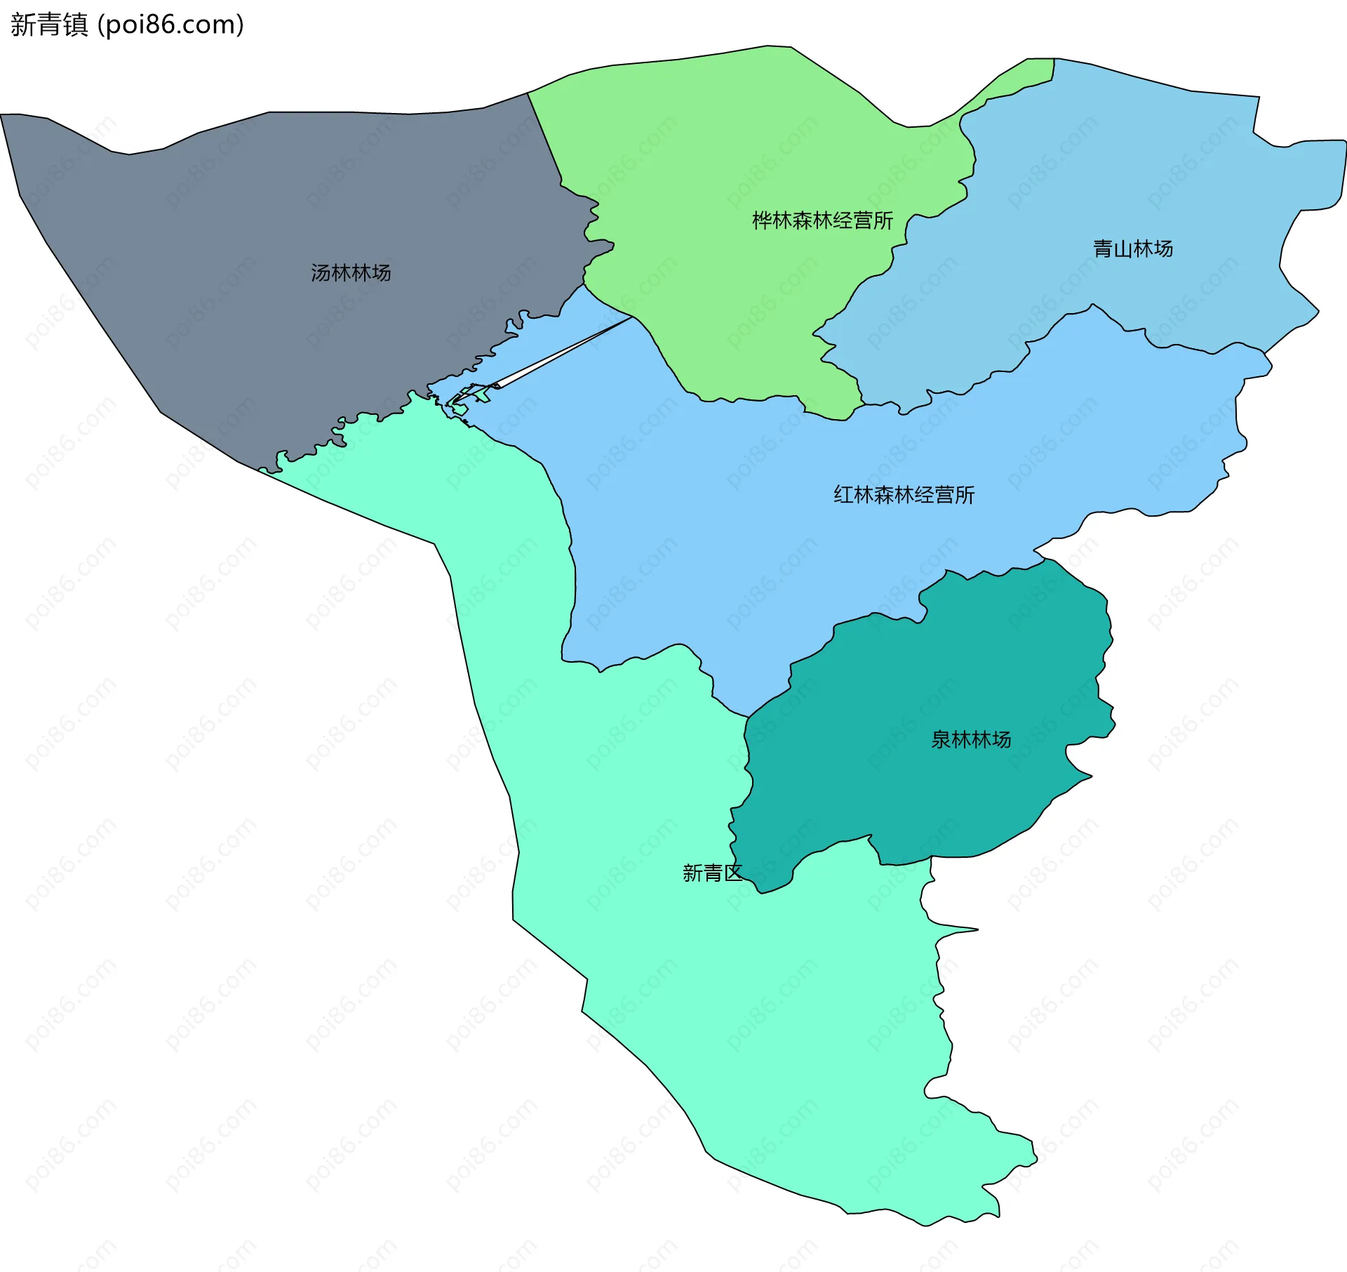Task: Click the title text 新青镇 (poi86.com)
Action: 127,25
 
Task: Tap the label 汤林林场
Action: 351,272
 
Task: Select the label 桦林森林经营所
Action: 822,220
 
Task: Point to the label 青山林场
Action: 1133,249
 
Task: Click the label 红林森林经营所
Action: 904,495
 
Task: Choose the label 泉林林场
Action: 971,739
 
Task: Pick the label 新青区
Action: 712,873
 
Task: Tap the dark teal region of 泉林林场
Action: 947,667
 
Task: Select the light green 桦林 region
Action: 702,140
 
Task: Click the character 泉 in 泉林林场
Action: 941,739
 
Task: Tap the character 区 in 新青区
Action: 732,873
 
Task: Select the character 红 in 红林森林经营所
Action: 844,495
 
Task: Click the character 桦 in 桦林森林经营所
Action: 763,220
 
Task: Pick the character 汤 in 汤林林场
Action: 321,272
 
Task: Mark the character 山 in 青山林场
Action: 1123,249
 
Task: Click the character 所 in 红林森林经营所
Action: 965,495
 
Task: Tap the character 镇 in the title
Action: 75,25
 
